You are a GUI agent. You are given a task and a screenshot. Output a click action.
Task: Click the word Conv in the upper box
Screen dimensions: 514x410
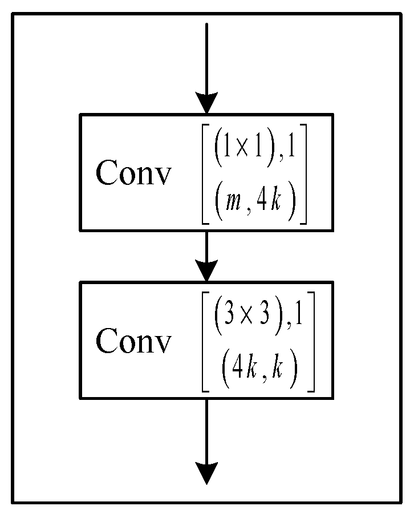pyautogui.click(x=132, y=172)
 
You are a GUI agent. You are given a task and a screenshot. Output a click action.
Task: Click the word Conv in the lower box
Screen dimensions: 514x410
pyautogui.click(x=132, y=341)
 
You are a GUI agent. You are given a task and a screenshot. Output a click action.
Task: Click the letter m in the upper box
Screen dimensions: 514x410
pyautogui.click(x=232, y=204)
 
